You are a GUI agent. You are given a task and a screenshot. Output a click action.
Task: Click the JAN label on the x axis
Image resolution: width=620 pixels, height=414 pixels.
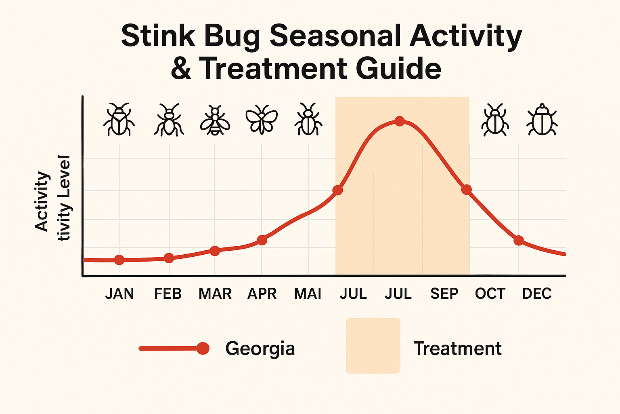119,294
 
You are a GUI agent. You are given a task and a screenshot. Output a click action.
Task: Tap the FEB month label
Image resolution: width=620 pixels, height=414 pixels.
168,294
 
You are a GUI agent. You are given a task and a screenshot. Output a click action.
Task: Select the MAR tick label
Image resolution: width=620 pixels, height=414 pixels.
215,294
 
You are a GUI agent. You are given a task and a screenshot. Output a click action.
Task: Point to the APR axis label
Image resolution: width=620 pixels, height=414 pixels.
262,294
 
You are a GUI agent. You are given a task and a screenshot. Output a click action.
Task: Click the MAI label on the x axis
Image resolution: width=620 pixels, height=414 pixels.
308,294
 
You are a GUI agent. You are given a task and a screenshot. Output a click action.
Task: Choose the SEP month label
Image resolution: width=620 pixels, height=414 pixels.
444,294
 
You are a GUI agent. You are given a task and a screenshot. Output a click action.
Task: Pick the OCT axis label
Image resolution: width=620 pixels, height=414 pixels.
490,294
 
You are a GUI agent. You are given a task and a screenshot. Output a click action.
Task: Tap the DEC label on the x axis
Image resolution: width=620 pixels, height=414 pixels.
536,294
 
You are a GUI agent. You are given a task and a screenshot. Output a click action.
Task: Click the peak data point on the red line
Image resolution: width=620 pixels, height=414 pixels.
399,121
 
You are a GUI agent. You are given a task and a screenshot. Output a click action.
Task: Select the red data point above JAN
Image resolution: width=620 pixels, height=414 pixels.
119,260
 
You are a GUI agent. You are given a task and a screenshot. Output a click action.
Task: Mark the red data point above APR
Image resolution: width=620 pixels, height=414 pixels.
262,240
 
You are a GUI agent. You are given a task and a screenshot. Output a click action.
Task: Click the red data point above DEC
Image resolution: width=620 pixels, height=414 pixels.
519,241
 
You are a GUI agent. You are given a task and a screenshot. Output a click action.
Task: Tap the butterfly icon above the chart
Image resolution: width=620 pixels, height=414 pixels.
262,120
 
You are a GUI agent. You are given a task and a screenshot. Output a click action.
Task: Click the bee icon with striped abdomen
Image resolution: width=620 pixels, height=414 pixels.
215,120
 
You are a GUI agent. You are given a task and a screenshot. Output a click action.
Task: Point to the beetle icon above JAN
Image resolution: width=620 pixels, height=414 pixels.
119,120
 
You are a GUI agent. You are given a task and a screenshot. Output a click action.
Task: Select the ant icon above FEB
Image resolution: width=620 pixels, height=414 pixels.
169,120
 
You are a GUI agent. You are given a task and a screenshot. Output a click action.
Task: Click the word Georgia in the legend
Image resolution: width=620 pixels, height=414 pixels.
260,348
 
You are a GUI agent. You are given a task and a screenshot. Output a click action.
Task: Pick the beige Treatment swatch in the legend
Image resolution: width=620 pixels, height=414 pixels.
373,346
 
